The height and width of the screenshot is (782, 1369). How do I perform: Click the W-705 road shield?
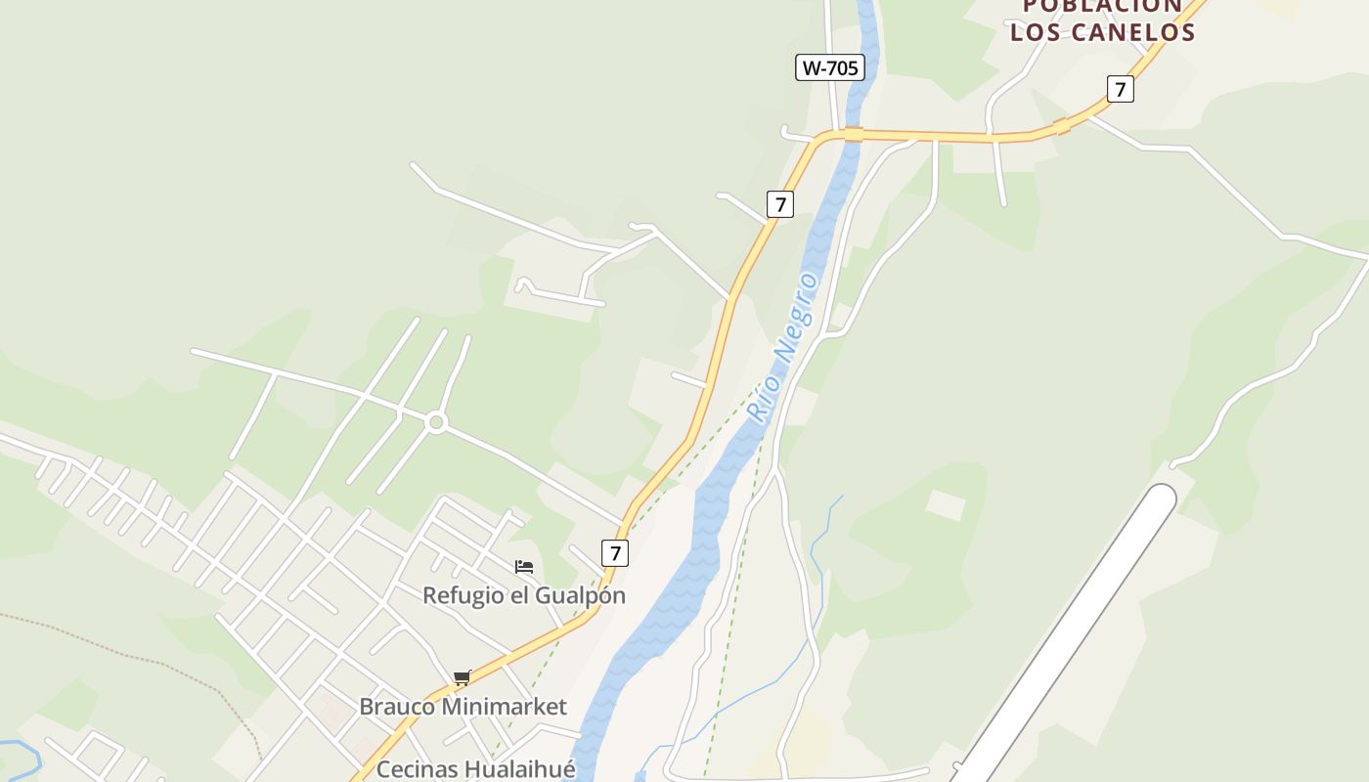click(829, 67)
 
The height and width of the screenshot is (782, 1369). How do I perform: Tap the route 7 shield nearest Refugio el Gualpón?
click(614, 553)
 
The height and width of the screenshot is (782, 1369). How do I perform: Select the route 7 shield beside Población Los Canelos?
click(1121, 89)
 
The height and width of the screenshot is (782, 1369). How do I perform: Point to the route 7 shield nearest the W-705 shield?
click(779, 204)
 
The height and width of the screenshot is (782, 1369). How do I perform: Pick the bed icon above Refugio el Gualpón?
click(524, 567)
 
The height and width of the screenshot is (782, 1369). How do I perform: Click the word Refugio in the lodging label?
click(464, 595)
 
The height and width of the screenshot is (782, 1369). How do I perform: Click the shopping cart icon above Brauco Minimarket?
click(462, 677)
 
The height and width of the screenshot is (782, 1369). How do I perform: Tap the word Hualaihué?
click(520, 769)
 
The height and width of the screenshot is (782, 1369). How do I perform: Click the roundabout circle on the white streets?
click(436, 423)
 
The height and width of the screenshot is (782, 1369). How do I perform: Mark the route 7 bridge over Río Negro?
click(854, 134)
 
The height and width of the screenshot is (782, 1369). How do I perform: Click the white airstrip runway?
click(1066, 635)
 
